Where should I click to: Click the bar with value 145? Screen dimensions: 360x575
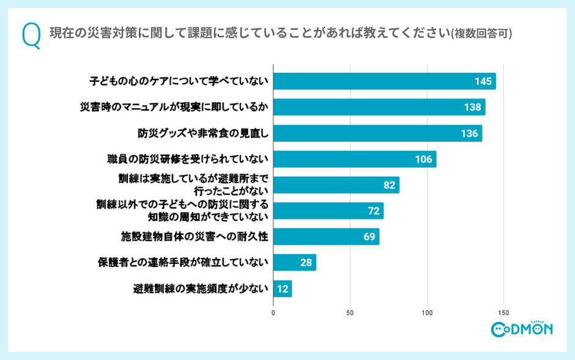[384, 81]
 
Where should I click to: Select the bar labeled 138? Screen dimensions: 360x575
[379, 107]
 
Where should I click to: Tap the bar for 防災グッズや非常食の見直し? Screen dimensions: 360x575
[377, 133]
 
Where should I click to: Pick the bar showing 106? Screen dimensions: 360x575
[355, 160]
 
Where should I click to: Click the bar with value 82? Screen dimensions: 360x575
[336, 185]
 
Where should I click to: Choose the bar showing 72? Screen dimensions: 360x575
[328, 211]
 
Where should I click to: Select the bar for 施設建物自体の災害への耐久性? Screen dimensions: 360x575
[326, 237]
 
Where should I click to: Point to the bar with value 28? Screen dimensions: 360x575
[294, 263]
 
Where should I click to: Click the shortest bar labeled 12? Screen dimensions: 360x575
[283, 288]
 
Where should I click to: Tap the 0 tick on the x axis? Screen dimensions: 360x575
[273, 312]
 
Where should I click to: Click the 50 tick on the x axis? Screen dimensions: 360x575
[350, 312]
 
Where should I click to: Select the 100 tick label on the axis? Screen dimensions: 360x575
[427, 312]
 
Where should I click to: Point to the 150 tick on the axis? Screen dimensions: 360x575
[504, 312]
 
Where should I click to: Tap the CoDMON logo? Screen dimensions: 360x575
[522, 328]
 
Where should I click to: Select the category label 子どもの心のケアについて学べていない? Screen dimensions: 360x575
[179, 81]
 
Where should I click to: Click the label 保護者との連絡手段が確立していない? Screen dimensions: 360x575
[183, 263]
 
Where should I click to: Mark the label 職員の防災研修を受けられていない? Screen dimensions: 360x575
[187, 160]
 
